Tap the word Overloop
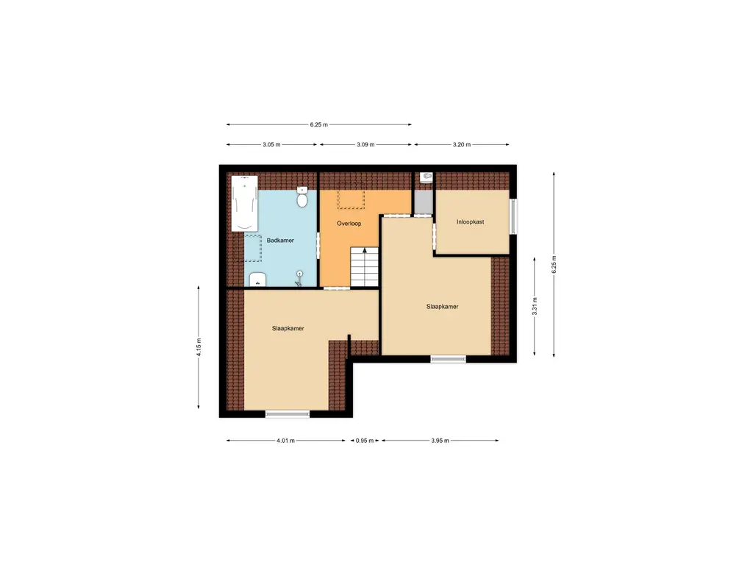[x=349, y=223]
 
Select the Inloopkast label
[x=470, y=221]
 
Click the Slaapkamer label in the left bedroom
[x=288, y=328]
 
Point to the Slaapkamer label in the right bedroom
[x=442, y=307]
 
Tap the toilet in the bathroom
[x=302, y=198]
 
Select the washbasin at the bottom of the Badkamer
[x=257, y=280]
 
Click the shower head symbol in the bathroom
[x=300, y=277]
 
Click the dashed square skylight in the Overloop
[x=351, y=195]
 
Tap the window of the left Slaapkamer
[x=288, y=414]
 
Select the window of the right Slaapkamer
[x=448, y=359]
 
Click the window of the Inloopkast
[x=513, y=216]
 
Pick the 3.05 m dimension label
[x=272, y=145]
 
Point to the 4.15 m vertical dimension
[x=199, y=346]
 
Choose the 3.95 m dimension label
[x=439, y=441]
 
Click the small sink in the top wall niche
[x=426, y=177]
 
